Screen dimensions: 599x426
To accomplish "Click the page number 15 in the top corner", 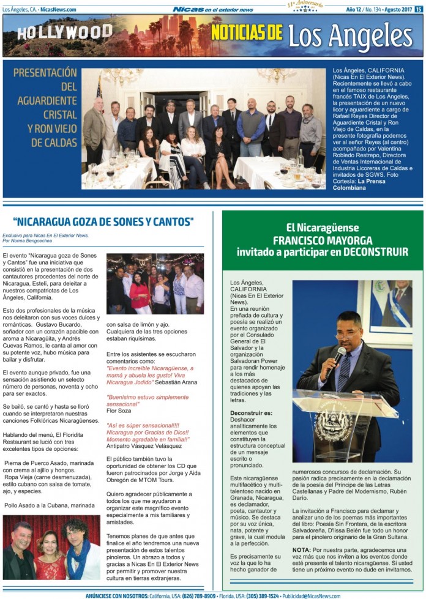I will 418,9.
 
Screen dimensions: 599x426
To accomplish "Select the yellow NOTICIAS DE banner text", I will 247,32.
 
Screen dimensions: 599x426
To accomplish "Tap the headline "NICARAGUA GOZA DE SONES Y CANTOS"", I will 103,221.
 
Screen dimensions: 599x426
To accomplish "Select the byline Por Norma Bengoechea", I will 28,240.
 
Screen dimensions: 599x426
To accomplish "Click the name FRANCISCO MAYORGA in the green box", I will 322,239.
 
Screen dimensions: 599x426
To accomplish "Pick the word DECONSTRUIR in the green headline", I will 376,251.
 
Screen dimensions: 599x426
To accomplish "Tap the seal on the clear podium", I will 335,423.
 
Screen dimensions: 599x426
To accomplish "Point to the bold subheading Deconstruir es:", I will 251,414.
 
